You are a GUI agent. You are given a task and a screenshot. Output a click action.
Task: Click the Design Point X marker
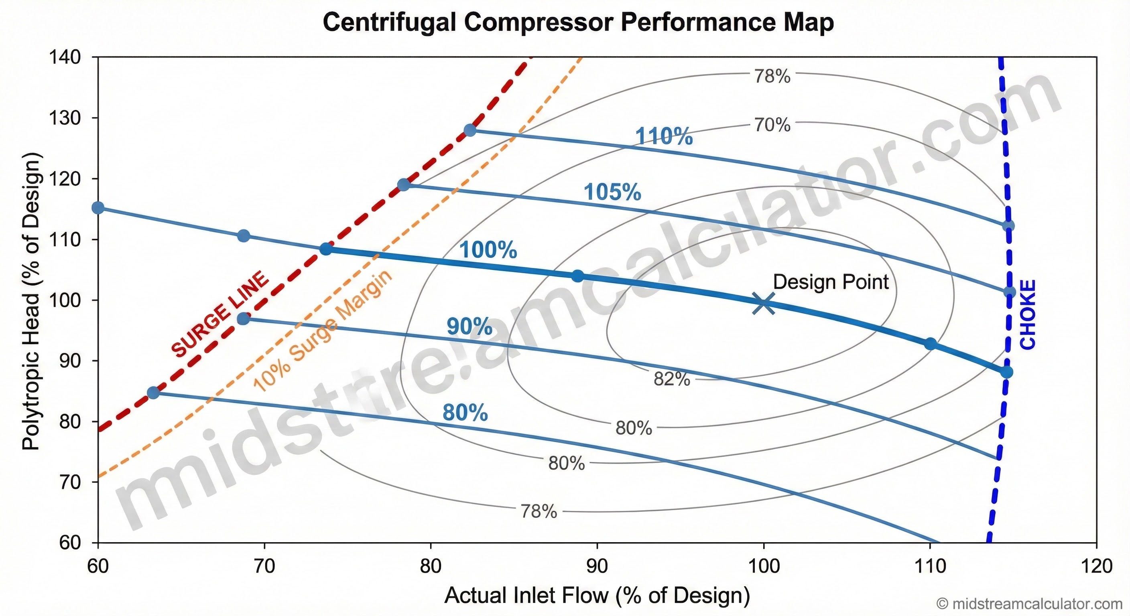(x=764, y=304)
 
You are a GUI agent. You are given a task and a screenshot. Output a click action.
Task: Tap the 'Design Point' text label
(x=831, y=282)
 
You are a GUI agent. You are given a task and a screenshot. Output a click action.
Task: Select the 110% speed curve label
(x=664, y=136)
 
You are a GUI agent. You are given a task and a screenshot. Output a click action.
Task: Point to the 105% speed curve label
(x=612, y=192)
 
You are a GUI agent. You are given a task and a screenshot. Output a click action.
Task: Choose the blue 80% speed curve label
(x=465, y=413)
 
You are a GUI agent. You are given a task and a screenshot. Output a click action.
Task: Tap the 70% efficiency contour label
(x=772, y=126)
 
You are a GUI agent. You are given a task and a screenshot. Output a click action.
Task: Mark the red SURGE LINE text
(x=220, y=315)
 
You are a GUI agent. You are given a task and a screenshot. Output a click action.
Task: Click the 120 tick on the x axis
(x=1096, y=566)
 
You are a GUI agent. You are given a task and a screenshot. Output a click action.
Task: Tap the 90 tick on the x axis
(x=597, y=566)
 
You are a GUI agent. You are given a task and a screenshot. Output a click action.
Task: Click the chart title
(x=578, y=22)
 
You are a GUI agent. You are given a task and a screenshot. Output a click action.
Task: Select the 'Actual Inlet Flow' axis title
(x=597, y=596)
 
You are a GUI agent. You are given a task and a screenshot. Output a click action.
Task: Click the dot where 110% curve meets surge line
(x=470, y=130)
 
